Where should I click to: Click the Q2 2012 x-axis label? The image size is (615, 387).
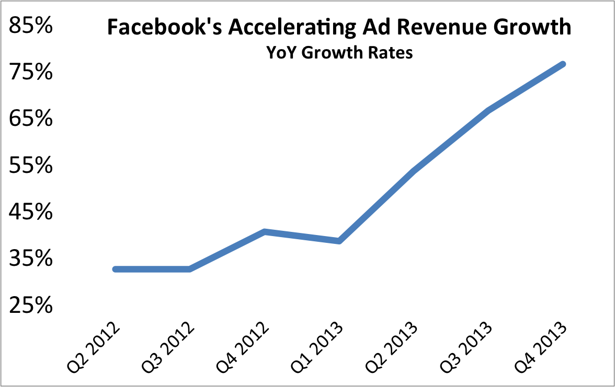(94, 349)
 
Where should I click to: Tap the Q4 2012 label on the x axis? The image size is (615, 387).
(244, 349)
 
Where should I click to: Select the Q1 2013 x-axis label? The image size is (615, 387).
(318, 349)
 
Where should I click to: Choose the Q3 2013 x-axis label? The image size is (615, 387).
(468, 349)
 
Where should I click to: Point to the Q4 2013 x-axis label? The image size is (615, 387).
(542, 349)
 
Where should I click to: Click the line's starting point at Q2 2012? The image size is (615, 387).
(115, 269)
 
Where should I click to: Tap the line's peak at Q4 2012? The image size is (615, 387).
(265, 231)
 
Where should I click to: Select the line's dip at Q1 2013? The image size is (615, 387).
(339, 241)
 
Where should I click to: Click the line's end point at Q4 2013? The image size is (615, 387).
(563, 64)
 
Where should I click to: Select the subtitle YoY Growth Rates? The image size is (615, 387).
(339, 53)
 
